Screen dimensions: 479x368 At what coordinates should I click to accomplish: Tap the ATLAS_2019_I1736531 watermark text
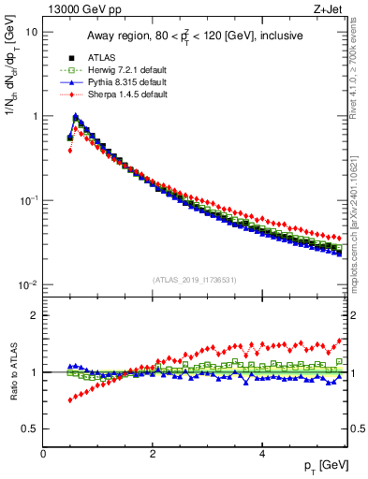(x=194, y=280)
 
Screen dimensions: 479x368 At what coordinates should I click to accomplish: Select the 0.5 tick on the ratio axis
(x=31, y=428)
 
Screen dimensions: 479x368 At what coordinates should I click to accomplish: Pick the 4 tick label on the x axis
(x=261, y=454)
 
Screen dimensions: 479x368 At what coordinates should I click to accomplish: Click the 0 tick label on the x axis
(x=44, y=454)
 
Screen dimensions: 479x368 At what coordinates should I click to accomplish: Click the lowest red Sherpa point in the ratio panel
(x=70, y=400)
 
